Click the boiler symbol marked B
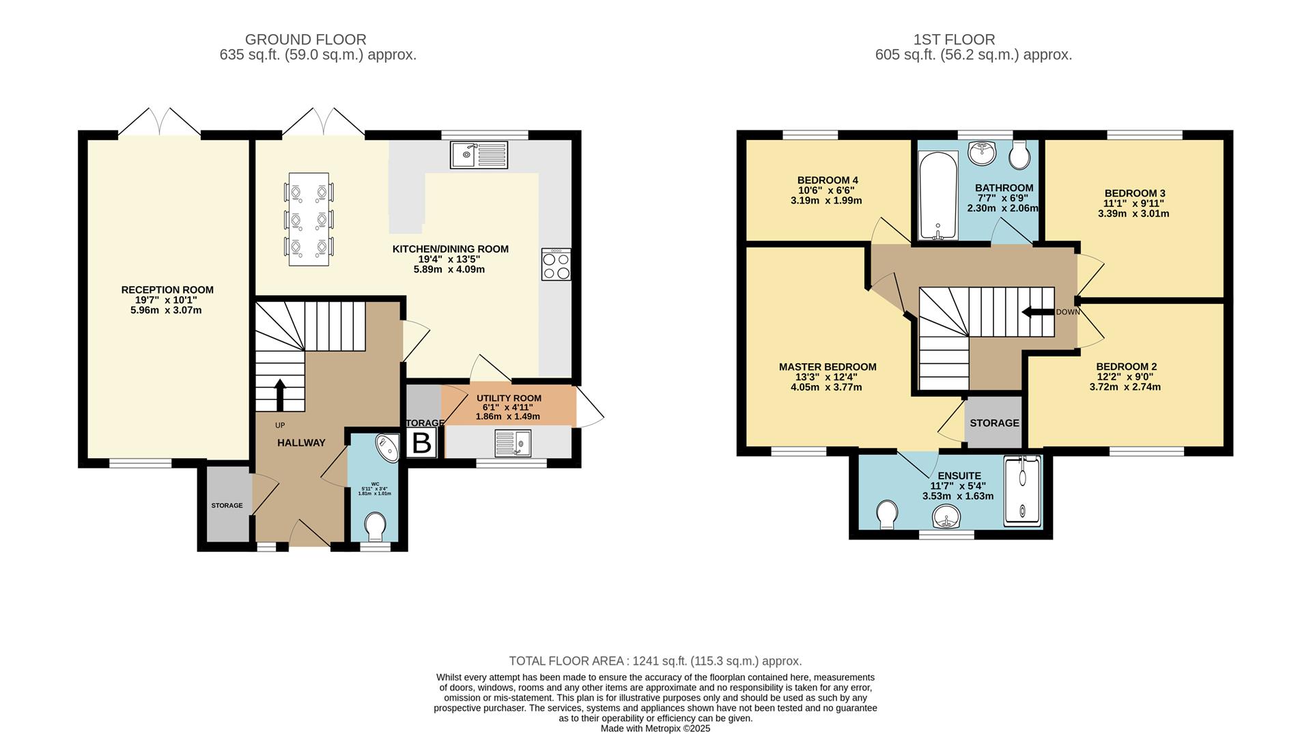click(x=422, y=443)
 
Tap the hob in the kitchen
click(x=556, y=264)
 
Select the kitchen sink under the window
click(x=479, y=155)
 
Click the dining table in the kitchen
click(x=309, y=219)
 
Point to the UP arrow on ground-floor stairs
click(x=280, y=393)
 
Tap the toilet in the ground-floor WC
click(x=375, y=526)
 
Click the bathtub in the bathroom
click(x=939, y=197)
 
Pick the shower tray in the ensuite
click(x=1022, y=492)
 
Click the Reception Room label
click(x=167, y=290)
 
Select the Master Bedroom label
click(x=828, y=367)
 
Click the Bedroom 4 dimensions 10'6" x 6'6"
click(x=826, y=190)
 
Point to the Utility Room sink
click(x=513, y=442)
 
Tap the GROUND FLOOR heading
click(x=305, y=40)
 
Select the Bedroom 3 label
click(x=1134, y=193)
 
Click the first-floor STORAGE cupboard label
click(x=994, y=423)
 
